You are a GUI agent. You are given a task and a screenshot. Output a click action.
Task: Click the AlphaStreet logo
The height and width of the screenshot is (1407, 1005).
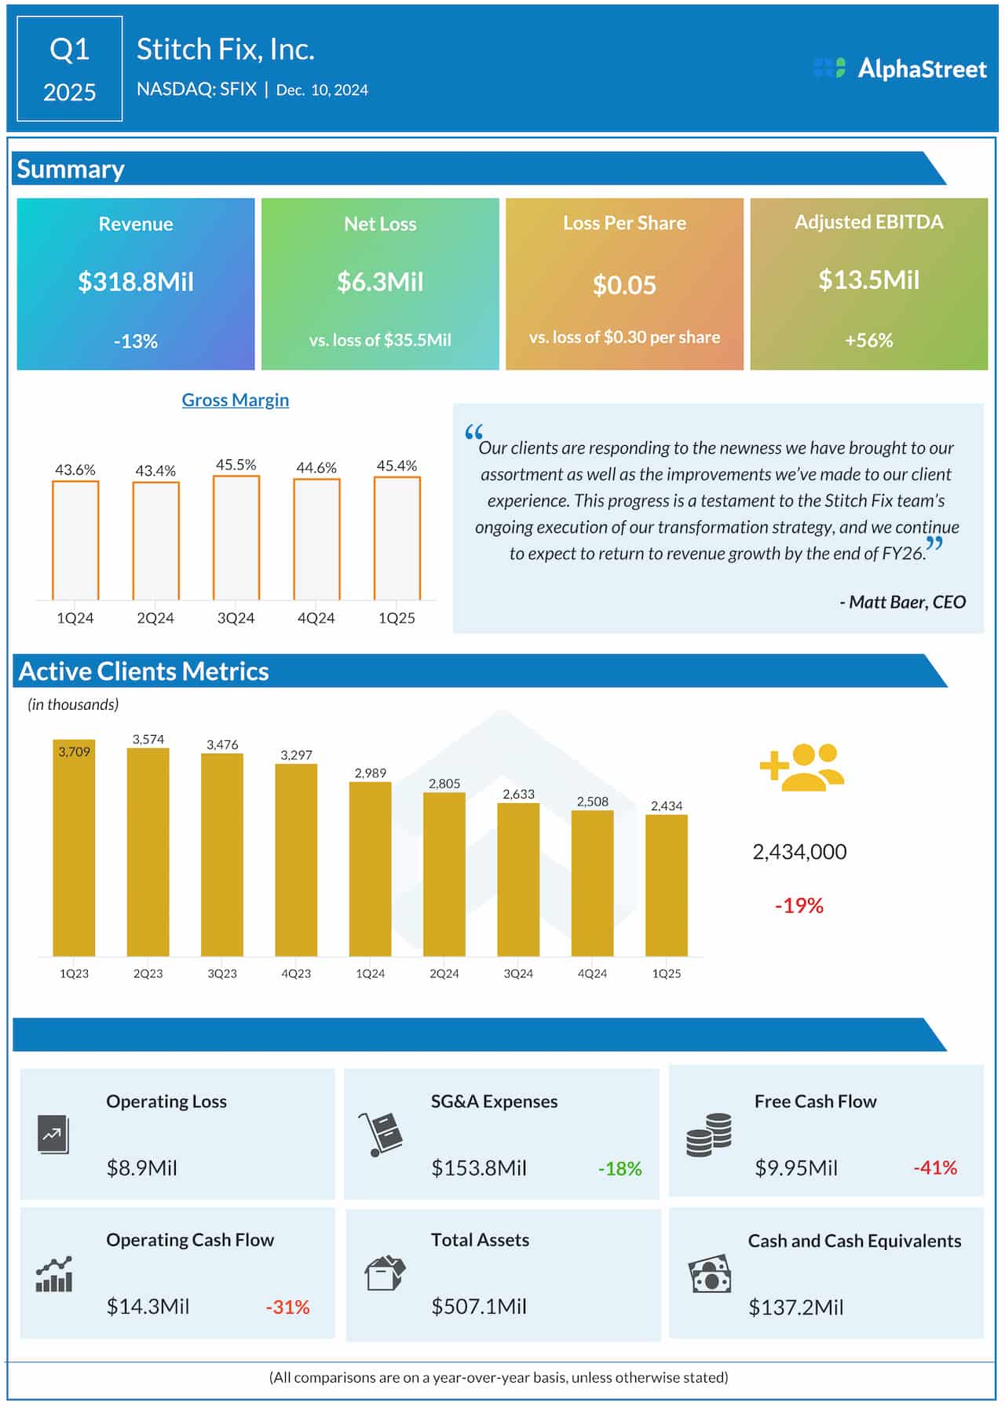900,68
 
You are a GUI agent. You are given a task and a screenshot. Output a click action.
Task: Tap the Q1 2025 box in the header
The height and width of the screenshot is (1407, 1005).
69,69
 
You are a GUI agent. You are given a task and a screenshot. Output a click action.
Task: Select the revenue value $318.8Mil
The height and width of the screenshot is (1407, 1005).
135,281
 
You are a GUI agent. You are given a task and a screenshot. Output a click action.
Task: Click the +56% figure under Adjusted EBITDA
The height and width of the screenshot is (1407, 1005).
868,340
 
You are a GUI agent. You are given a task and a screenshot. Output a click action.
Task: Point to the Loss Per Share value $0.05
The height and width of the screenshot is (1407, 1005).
624,284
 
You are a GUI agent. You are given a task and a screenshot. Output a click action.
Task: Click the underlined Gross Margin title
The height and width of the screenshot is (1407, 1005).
235,400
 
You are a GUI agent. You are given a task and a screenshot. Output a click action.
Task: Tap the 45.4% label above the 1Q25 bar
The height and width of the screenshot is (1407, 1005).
397,466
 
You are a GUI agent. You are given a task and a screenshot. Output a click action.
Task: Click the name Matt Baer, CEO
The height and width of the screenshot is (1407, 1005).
903,601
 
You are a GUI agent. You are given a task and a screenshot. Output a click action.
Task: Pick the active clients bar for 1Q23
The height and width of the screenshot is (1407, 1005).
74,848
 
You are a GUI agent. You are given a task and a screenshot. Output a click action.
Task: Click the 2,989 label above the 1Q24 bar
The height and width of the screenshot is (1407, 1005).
370,773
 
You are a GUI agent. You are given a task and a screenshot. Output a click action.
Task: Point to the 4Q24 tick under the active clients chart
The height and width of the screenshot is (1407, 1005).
592,973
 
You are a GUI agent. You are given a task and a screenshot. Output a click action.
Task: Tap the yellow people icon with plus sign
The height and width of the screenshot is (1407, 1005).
802,767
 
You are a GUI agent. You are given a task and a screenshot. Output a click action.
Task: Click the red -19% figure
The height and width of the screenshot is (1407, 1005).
799,905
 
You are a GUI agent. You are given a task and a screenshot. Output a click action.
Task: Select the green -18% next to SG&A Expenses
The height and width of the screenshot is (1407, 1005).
619,1168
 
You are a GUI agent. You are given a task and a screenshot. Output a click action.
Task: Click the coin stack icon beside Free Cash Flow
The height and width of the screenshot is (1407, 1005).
708,1134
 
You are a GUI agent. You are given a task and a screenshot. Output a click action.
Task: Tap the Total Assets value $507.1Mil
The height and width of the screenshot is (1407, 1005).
478,1306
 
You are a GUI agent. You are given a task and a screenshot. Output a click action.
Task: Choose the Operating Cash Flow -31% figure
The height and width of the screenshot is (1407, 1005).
287,1306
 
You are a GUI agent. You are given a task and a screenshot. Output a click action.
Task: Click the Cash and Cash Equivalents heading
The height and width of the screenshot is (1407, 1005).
854,1241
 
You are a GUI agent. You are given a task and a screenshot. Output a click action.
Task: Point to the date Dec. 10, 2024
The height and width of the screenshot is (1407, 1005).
322,90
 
